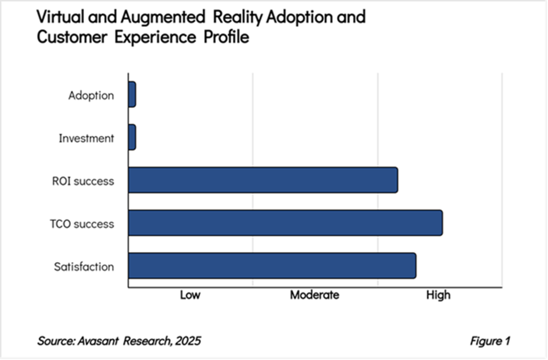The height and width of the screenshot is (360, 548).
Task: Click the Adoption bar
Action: point(132,95)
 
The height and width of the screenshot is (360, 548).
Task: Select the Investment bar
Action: point(132,137)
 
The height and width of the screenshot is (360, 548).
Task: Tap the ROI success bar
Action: point(263,180)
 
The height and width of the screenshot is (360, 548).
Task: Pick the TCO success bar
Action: point(285,222)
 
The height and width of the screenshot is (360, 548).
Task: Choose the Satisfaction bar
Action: point(272,265)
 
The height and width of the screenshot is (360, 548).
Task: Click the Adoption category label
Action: point(91,96)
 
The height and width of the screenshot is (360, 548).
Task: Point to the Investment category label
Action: point(86,138)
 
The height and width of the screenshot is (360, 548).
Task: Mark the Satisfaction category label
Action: point(84,266)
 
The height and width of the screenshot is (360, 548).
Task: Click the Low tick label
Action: point(190,295)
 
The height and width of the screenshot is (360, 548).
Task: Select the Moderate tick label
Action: point(314,295)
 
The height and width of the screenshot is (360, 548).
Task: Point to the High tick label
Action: point(438,295)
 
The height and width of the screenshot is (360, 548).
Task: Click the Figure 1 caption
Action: point(490,341)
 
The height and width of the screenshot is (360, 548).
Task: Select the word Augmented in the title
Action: point(158,17)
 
